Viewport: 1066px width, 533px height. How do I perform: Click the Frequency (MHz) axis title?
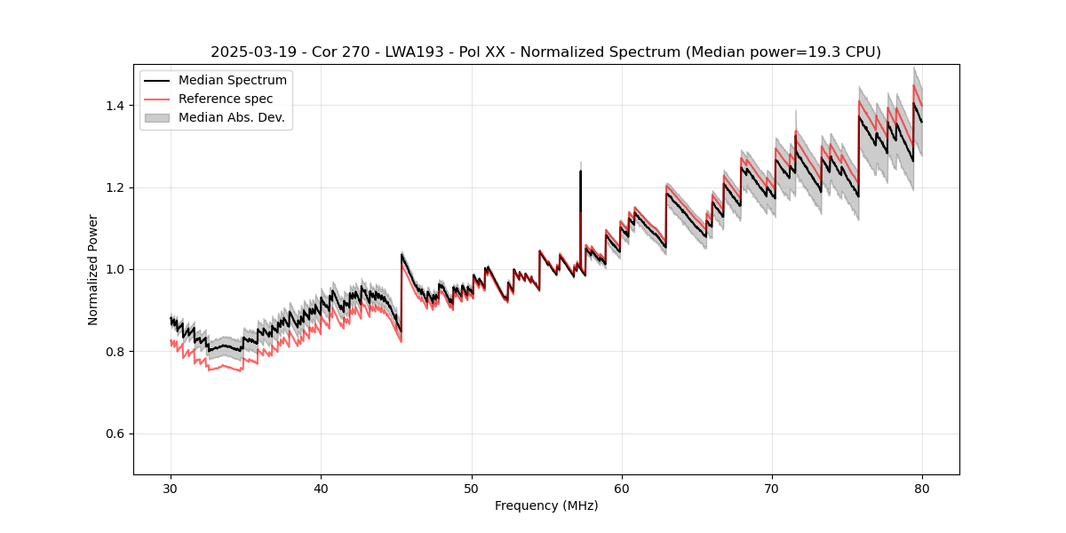(x=546, y=505)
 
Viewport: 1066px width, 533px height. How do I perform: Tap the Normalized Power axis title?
(x=93, y=269)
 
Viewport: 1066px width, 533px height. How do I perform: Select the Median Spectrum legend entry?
(x=232, y=81)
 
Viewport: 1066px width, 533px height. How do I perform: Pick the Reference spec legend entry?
(x=226, y=99)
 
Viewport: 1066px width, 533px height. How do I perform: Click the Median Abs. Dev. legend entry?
(x=231, y=117)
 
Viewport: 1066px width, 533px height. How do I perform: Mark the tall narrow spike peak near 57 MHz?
(x=580, y=171)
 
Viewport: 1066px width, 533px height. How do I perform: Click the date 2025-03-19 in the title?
(x=250, y=52)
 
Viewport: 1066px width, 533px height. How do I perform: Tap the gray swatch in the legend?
(x=157, y=117)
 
